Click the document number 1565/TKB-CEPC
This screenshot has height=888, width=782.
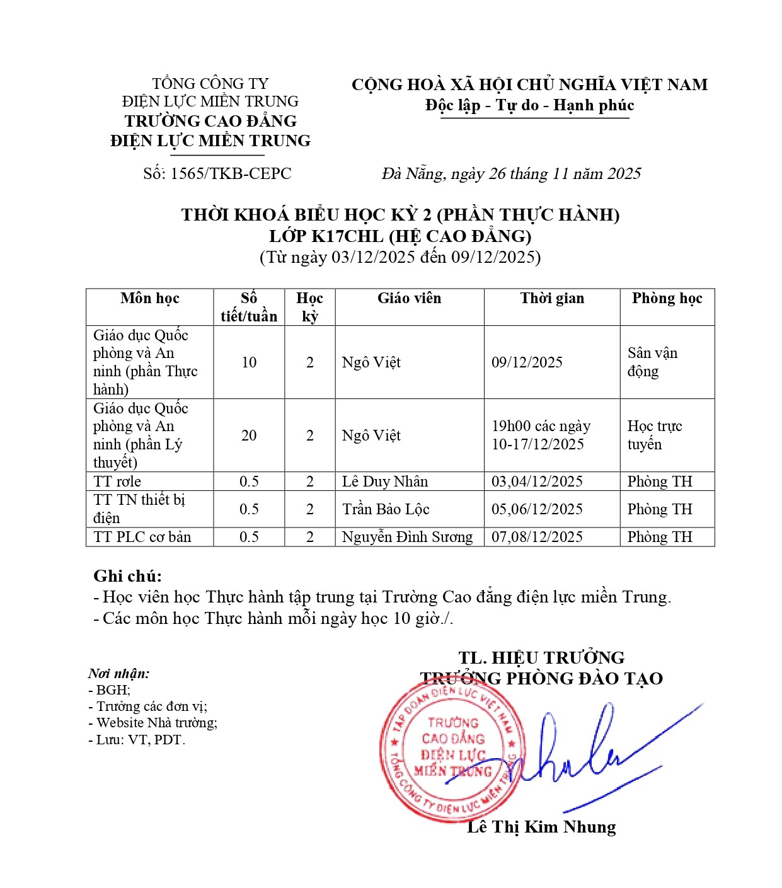click(217, 173)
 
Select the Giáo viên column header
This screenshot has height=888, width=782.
click(409, 298)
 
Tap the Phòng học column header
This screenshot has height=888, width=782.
click(667, 298)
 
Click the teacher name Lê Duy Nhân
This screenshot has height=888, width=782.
click(385, 481)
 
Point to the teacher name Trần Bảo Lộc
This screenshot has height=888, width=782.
click(386, 509)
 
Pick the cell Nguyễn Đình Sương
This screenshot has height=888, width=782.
click(407, 537)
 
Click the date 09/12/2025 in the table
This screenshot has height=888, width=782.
click(527, 362)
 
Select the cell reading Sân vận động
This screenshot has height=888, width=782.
click(652, 362)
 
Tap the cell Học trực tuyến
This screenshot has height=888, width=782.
click(654, 435)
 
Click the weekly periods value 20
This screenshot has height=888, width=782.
click(249, 435)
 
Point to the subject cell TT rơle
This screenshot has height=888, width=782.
click(117, 481)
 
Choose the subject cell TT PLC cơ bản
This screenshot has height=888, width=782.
click(142, 537)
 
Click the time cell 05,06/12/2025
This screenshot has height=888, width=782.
click(537, 509)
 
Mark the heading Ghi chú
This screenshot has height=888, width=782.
click(127, 576)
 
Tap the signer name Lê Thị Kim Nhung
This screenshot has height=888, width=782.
click(541, 827)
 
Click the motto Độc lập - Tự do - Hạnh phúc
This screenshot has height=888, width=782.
click(529, 105)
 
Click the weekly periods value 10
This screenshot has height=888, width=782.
click(249, 362)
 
